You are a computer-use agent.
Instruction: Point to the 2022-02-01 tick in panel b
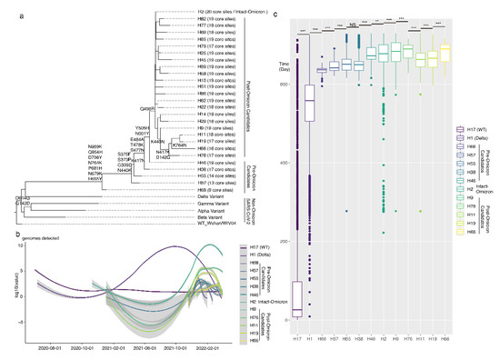point(215,346)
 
